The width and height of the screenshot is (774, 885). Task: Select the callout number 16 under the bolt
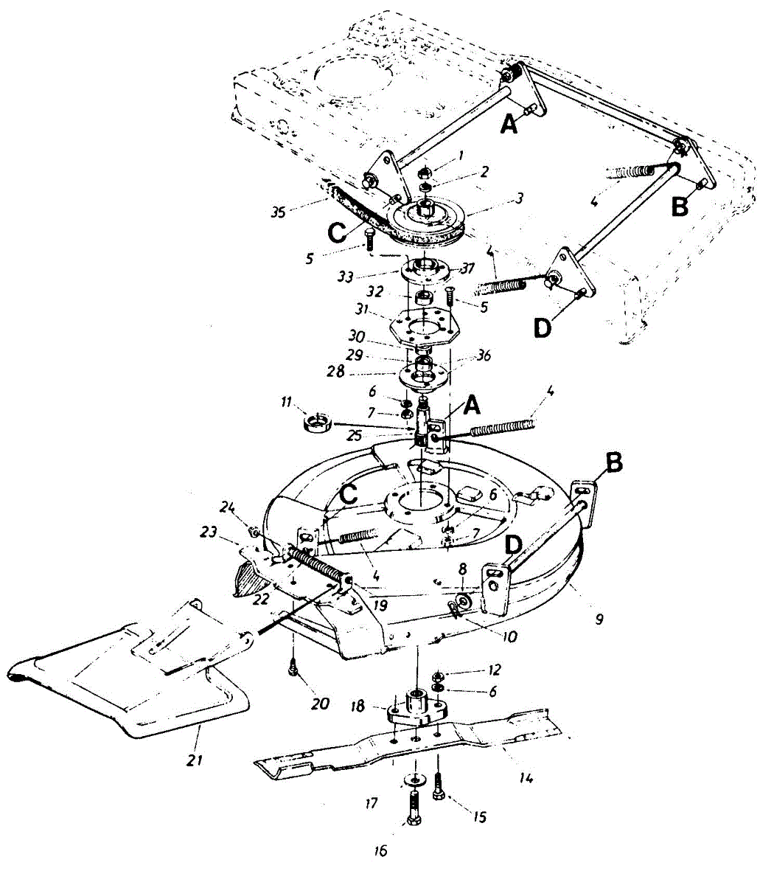(380, 850)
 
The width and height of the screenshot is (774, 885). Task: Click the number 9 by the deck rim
(599, 619)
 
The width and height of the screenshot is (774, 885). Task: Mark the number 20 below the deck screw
(319, 703)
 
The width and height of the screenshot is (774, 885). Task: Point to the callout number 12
(494, 670)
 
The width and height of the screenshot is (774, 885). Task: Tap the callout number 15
(479, 817)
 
